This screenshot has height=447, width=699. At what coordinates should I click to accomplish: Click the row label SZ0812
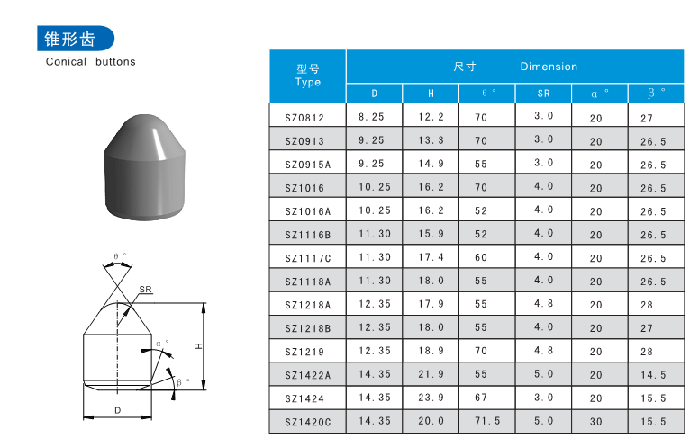coord(304,118)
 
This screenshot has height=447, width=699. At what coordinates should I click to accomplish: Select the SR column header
coord(543,94)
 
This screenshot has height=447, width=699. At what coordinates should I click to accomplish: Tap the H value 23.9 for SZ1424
coord(431,398)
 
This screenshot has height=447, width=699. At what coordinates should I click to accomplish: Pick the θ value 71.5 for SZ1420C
coord(487,421)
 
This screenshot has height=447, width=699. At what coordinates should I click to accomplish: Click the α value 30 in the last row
coord(596,422)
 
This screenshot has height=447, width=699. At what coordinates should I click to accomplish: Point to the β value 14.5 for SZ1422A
coord(653,375)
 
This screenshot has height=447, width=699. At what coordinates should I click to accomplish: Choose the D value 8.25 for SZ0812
coord(371,117)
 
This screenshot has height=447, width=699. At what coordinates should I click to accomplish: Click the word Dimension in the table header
coord(549,67)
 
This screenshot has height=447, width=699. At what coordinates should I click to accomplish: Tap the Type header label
coord(307,82)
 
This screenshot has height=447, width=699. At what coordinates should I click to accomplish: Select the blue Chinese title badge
coord(76,39)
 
